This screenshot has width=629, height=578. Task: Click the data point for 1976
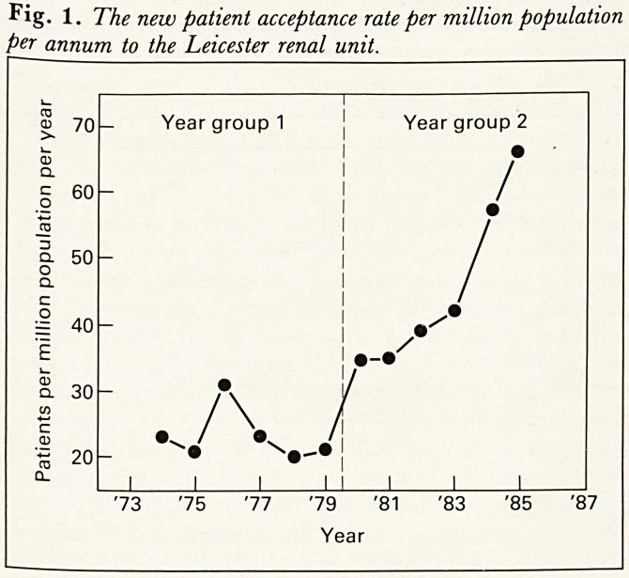pyautogui.click(x=224, y=385)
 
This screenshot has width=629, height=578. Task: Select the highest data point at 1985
pyautogui.click(x=517, y=151)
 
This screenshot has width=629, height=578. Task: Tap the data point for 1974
pyautogui.click(x=161, y=437)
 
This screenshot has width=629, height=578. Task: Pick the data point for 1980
pyautogui.click(x=361, y=360)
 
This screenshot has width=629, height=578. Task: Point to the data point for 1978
pyautogui.click(x=294, y=457)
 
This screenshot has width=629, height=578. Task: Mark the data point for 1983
pyautogui.click(x=454, y=310)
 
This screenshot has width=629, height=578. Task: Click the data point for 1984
pyautogui.click(x=493, y=210)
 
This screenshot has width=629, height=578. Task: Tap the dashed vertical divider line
pyautogui.click(x=343, y=282)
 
